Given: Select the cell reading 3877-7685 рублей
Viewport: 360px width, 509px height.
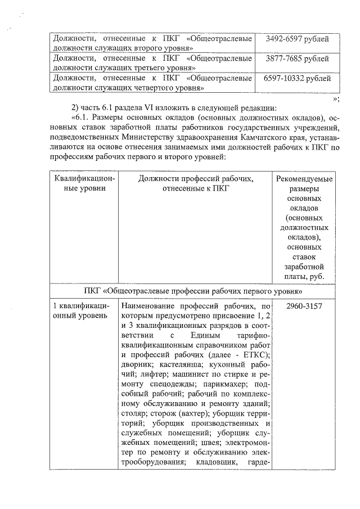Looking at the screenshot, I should point(297,58).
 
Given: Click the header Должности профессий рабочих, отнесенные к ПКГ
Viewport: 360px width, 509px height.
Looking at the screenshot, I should point(196,184).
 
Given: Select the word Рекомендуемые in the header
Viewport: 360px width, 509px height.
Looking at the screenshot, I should point(304,179).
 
